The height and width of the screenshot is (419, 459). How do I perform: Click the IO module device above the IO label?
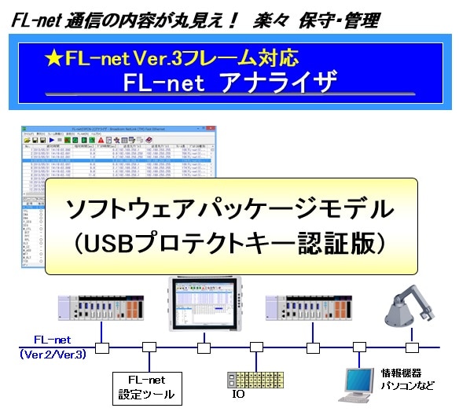254,380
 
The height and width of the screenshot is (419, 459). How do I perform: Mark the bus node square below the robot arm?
410,346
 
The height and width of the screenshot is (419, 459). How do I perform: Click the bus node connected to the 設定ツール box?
147,346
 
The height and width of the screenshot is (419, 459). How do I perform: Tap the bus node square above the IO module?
255,346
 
